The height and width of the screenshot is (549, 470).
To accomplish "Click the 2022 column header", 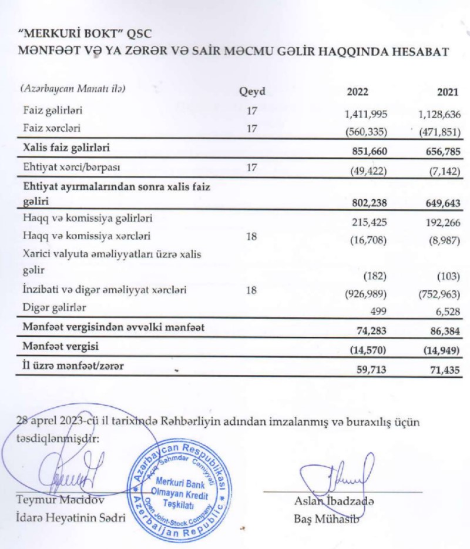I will [x=357, y=92].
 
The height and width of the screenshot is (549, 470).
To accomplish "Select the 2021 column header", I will [x=448, y=92].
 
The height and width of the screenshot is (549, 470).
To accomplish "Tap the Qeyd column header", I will [x=252, y=92].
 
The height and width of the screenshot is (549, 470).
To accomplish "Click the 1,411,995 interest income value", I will [x=365, y=113].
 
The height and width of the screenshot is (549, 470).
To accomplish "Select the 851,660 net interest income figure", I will [x=369, y=149].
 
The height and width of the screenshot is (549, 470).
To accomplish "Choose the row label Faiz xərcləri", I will [x=52, y=128].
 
